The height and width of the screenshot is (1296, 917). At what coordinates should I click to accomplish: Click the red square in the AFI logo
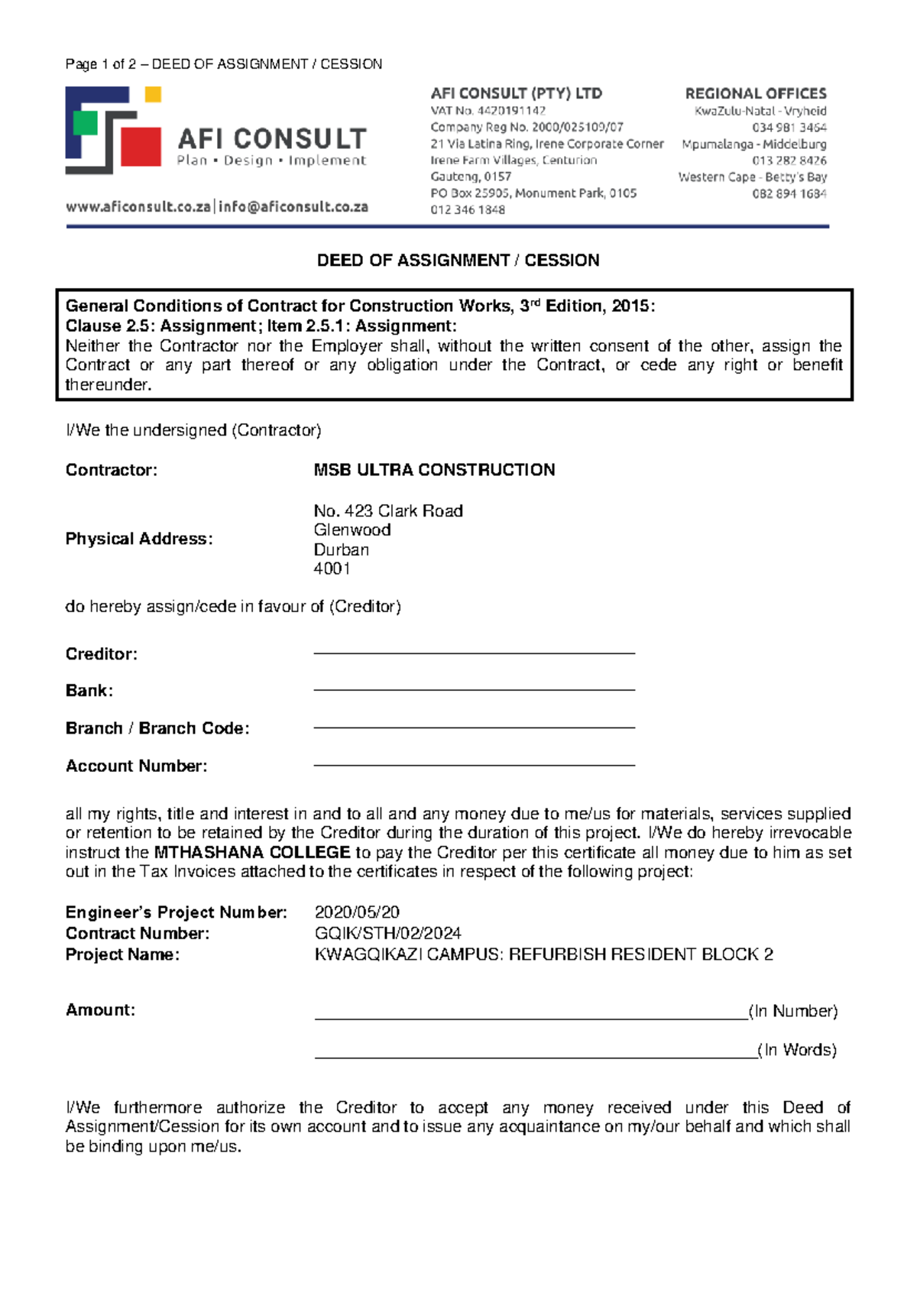(141, 145)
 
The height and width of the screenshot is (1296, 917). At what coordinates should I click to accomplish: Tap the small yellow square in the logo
(153, 95)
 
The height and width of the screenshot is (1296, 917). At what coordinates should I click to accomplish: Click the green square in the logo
(85, 123)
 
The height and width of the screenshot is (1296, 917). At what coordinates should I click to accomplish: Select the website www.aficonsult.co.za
(138, 207)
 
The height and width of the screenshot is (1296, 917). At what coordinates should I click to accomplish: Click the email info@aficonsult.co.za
(293, 207)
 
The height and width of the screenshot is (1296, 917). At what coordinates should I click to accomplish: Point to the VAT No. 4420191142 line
(488, 111)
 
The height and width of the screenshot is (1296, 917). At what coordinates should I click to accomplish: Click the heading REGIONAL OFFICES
(755, 94)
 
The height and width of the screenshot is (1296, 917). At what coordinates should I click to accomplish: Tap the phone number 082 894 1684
(789, 194)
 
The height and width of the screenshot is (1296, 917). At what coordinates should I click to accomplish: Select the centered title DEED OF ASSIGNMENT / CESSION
(458, 261)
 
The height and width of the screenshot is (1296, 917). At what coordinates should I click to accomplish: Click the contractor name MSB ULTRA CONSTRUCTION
(434, 470)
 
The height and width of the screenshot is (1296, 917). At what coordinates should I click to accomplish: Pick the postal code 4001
(332, 569)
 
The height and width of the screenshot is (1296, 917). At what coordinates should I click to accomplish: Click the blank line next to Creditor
(474, 653)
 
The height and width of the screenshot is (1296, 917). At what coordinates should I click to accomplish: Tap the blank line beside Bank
(474, 689)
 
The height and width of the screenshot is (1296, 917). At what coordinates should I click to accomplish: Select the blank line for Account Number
(474, 764)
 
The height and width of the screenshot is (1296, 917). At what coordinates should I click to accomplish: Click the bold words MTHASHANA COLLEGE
(252, 852)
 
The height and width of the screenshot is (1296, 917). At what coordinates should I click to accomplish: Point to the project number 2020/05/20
(357, 912)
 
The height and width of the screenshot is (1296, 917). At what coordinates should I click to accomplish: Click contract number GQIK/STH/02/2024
(387, 933)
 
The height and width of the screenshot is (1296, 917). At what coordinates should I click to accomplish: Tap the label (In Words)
(797, 1050)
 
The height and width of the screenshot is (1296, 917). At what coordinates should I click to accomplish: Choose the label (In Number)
(793, 1011)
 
